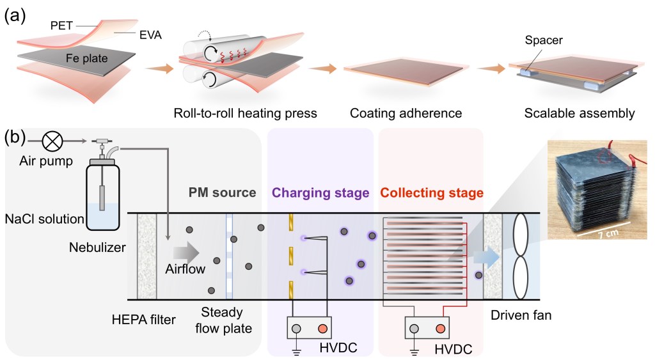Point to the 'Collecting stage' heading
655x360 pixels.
[432, 192]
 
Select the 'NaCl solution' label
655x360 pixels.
[44, 219]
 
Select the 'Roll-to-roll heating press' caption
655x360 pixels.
[246, 114]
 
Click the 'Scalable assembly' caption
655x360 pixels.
[580, 114]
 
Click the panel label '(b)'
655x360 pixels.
[15, 137]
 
